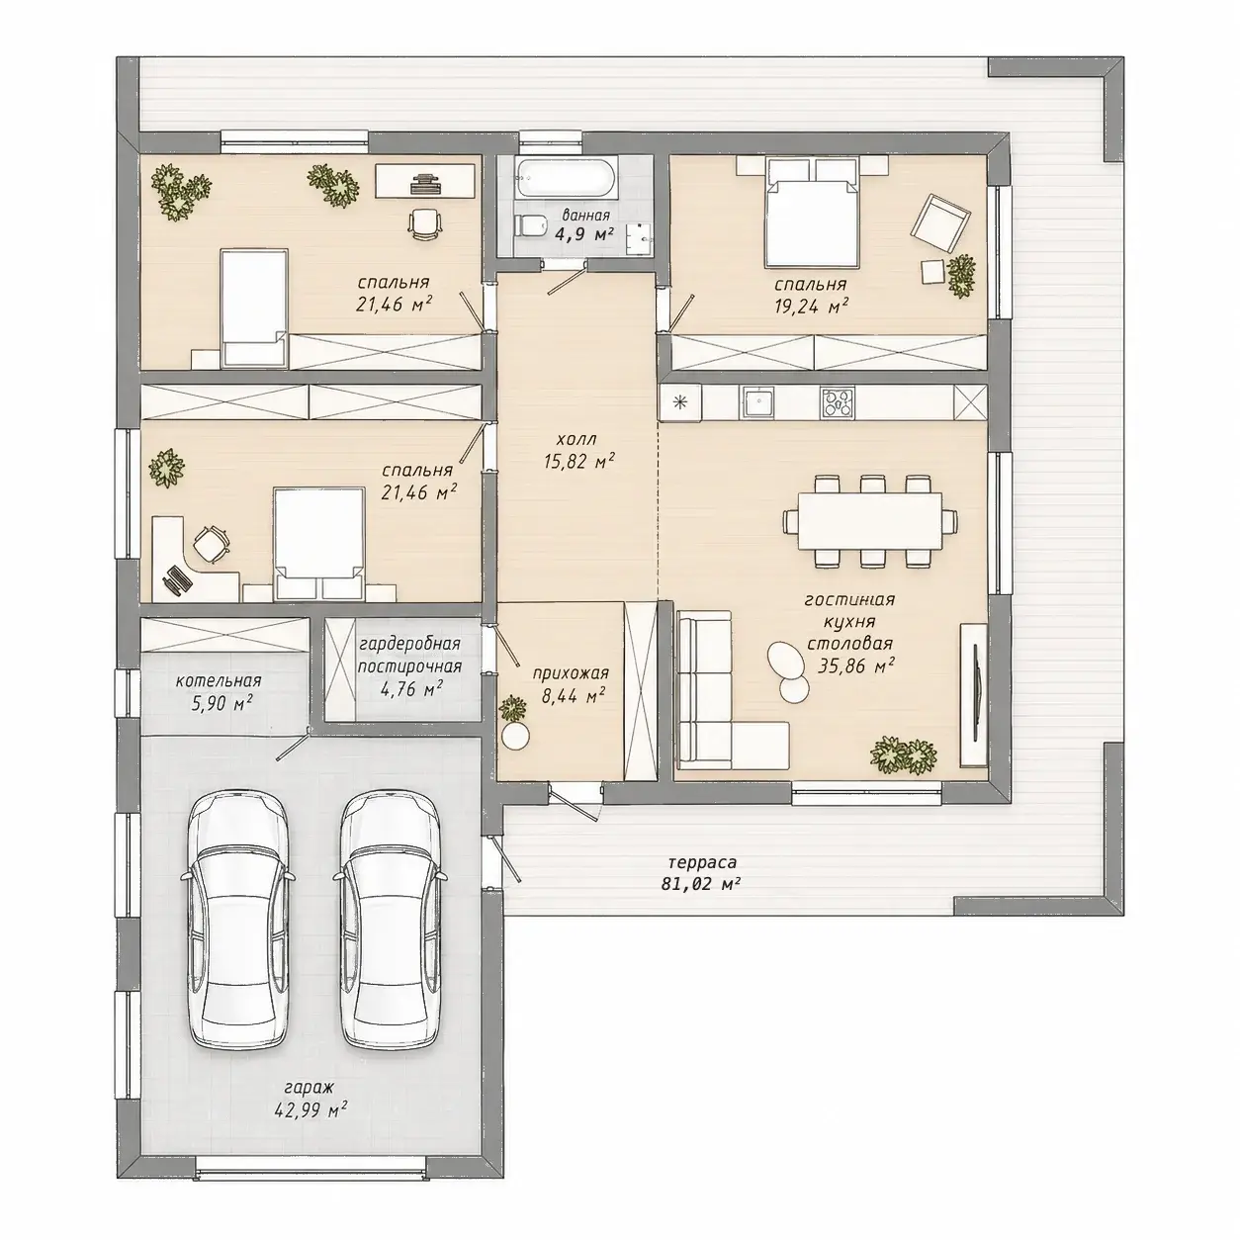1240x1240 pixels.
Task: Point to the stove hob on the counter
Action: tap(838, 403)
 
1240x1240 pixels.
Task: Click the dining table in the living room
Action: tap(870, 520)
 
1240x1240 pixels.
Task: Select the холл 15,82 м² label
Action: tap(577, 450)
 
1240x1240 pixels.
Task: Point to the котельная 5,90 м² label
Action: tap(218, 692)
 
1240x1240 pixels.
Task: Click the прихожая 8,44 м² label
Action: tap(570, 683)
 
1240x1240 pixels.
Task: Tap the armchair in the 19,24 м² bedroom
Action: tap(940, 223)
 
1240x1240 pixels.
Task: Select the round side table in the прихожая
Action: tap(516, 735)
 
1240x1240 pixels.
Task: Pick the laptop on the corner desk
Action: tap(177, 577)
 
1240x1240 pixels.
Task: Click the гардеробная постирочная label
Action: tap(409, 655)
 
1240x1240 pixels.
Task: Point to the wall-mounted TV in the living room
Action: tap(974, 694)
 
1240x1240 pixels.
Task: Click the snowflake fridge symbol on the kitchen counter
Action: tap(679, 403)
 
